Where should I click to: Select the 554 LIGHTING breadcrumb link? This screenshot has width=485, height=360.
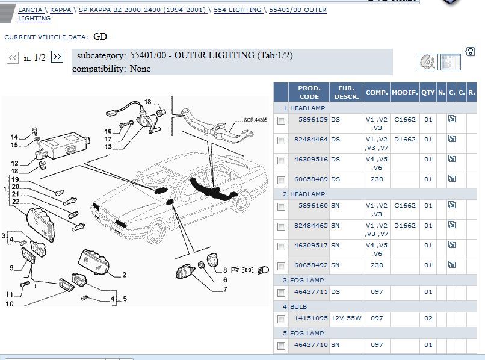237,10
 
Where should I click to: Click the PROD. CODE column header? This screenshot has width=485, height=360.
309,92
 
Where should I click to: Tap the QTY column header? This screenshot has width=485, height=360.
427,92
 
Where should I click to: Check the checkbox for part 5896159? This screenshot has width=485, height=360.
281,120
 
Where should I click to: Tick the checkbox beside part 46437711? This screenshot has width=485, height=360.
281,293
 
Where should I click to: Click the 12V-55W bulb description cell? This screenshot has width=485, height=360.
344,318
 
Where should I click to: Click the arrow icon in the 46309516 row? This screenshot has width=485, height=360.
452,160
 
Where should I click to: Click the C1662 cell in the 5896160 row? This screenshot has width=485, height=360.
404,205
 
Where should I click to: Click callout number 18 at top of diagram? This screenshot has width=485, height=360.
147,102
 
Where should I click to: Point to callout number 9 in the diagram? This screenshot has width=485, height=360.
11,268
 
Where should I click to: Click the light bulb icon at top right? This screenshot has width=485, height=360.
470,51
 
